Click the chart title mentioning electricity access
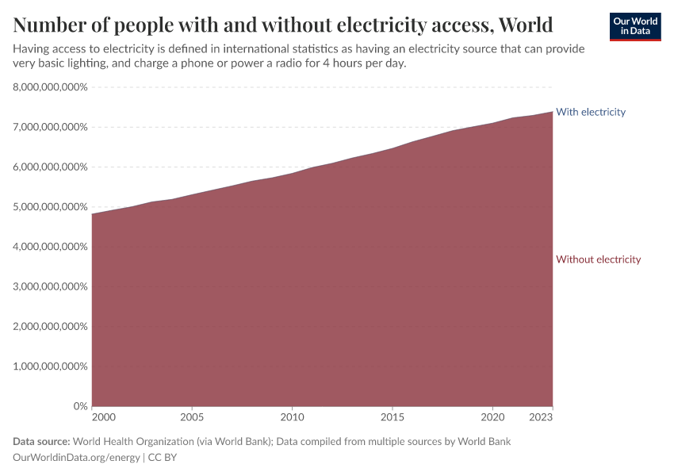coord(283,24)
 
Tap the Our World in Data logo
coord(634,27)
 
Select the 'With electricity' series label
coord(591,112)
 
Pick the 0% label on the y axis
coord(80,406)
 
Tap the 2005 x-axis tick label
coord(192,416)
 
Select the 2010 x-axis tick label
coord(292,416)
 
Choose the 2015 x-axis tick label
coord(393,416)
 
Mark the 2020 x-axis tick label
coord(492,416)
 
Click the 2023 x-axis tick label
coord(542,416)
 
